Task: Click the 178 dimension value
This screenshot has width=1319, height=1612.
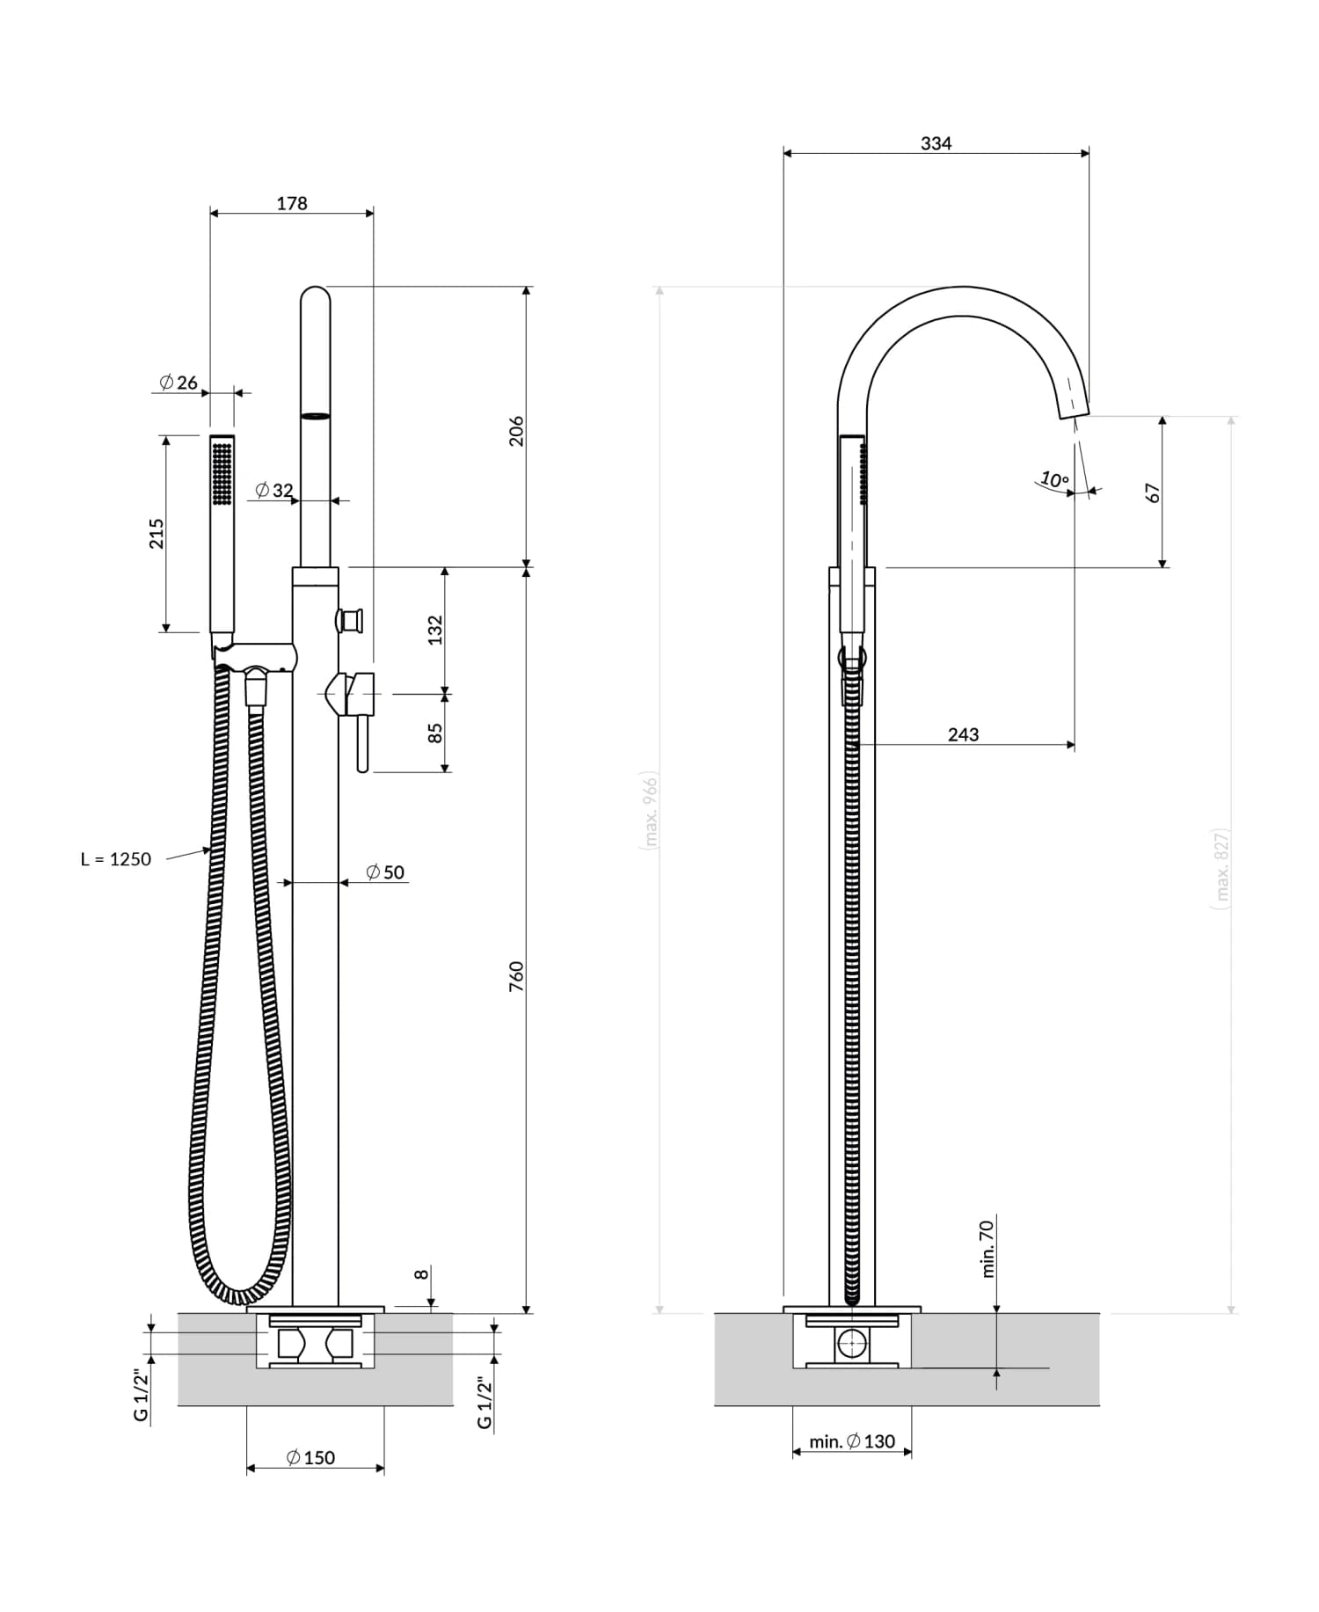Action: [292, 203]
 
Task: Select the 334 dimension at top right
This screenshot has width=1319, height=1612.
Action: [936, 143]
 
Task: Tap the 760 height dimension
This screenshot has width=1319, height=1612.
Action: [516, 977]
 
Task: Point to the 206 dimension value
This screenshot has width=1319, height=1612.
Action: [516, 431]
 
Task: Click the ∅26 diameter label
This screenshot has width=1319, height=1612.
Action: [179, 383]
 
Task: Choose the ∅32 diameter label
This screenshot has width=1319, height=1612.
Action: [274, 490]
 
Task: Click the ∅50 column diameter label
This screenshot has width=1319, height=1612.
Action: [385, 872]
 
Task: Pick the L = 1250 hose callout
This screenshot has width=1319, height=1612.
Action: [116, 859]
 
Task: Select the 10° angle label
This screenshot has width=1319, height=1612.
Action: [1054, 480]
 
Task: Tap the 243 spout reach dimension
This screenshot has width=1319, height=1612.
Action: [963, 734]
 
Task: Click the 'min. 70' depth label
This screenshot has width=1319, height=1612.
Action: [987, 1248]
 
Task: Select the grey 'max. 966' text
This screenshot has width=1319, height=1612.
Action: [651, 810]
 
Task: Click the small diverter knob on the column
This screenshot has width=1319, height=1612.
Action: [351, 620]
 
